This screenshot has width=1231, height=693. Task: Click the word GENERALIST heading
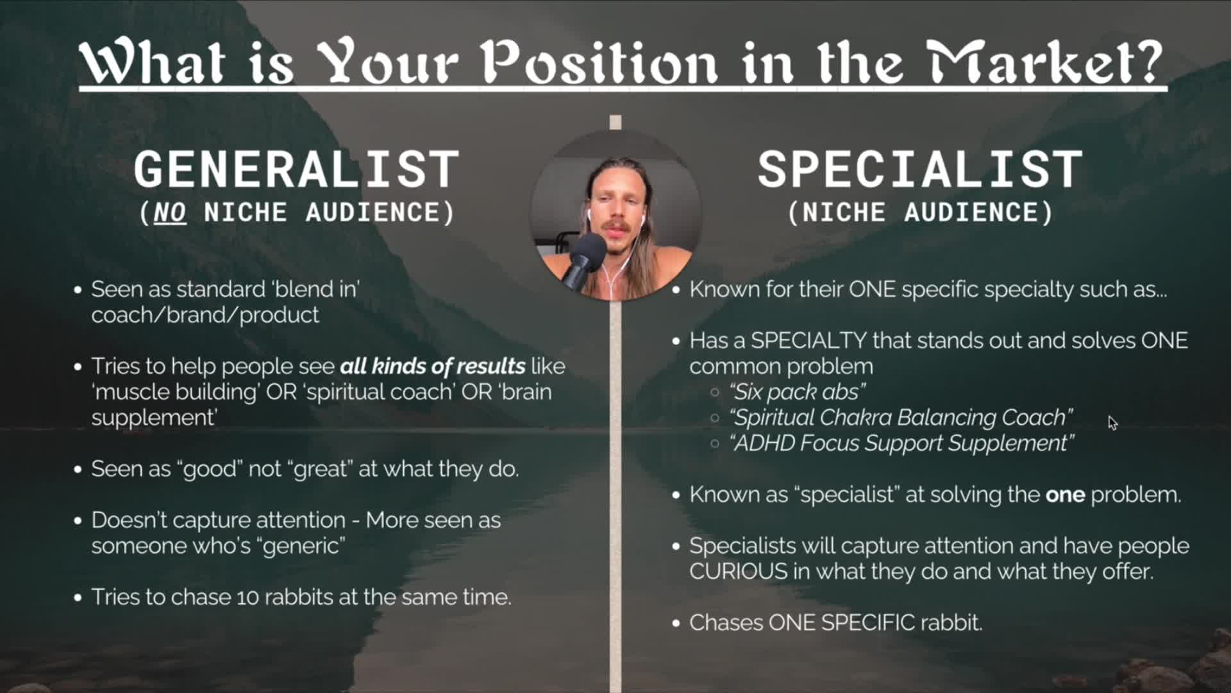coord(296,169)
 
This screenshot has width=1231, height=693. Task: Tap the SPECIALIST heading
coord(920,169)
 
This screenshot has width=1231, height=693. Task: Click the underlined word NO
coord(170,212)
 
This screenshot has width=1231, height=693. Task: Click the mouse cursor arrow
coord(1112,423)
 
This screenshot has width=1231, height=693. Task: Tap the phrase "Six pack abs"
coord(798,391)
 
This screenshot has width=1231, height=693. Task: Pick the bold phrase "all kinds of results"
coord(433,366)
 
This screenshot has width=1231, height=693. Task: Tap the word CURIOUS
coord(739,571)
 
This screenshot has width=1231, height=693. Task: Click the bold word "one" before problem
coord(1065,495)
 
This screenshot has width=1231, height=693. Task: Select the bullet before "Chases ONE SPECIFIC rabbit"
coord(676,623)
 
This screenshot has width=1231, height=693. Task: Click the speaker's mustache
coord(614,226)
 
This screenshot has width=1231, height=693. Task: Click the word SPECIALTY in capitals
coord(809,340)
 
